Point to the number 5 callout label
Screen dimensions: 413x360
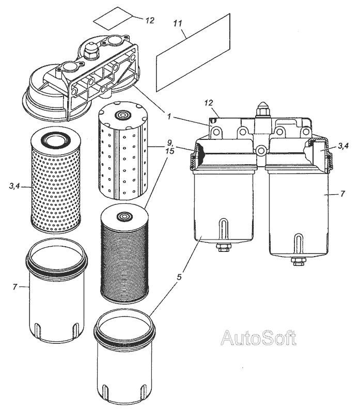[179, 277]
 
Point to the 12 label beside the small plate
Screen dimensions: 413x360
[150, 21]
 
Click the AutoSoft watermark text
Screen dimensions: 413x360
[259, 338]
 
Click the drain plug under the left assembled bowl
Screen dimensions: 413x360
[223, 248]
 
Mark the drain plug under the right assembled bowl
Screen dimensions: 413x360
[298, 261]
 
